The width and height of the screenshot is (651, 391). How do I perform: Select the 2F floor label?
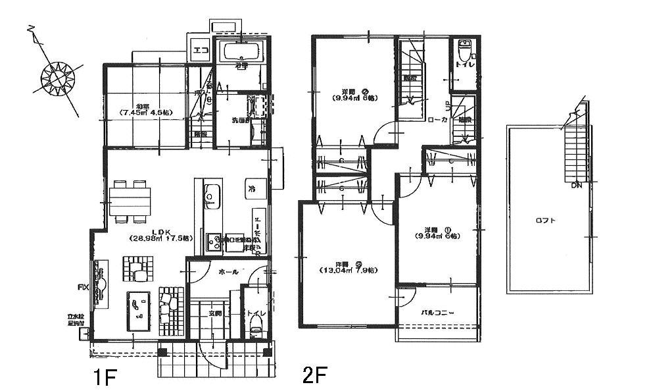tap(315, 376)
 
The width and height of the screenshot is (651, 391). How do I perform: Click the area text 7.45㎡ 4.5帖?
tap(145, 113)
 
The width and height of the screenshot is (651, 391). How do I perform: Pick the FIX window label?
tap(83, 288)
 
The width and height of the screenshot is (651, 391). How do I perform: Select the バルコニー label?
tap(437, 312)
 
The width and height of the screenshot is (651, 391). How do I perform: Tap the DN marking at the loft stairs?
tap(577, 186)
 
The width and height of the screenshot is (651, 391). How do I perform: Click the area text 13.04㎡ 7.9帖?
tap(349, 270)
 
